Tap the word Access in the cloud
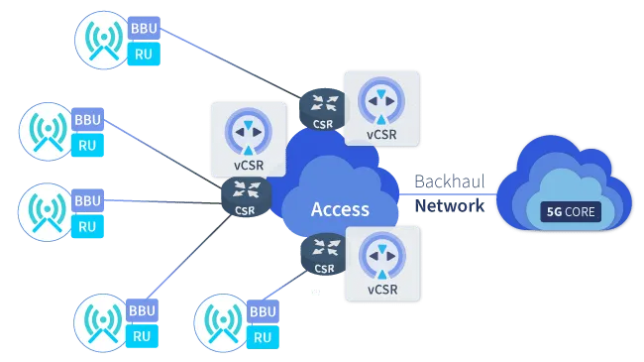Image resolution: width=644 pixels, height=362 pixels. (x=340, y=209)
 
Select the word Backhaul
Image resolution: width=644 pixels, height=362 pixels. (x=448, y=182)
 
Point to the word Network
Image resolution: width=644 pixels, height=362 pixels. (x=448, y=205)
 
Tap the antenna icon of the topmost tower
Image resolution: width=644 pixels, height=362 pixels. (x=102, y=40)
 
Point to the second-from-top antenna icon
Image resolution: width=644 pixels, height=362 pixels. (x=46, y=132)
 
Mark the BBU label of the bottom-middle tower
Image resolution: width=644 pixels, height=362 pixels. (x=262, y=311)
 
